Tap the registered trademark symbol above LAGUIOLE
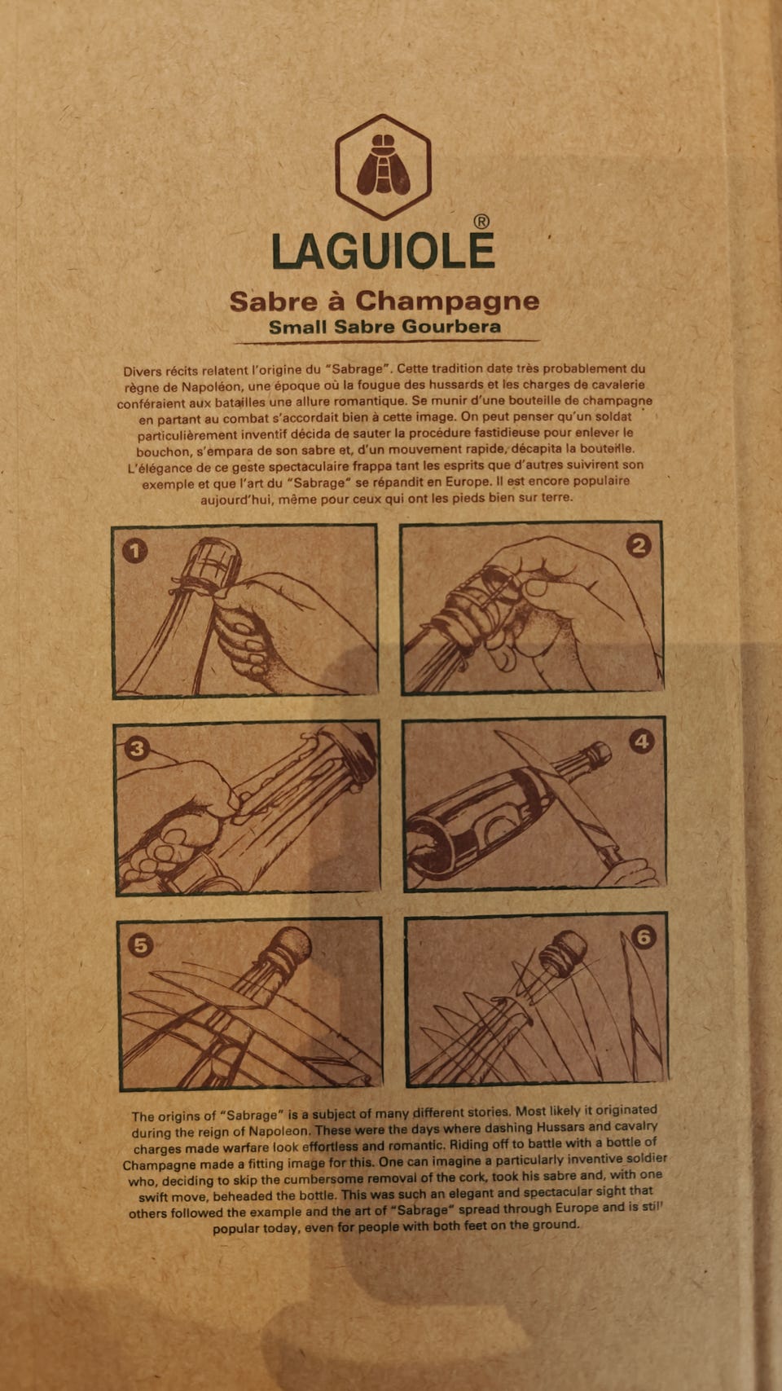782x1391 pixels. (481, 222)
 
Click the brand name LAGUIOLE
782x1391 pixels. (383, 252)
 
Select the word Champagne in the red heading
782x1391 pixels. (447, 302)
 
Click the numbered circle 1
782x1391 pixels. (134, 551)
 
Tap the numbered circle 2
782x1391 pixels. (639, 546)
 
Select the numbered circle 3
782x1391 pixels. (137, 749)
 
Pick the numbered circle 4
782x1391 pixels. (642, 742)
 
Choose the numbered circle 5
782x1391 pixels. (140, 945)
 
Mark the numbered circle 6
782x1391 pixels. (644, 937)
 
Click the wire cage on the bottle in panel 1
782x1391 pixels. (213, 564)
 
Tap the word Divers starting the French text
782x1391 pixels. (142, 372)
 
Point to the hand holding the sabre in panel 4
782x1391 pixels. (627, 872)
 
